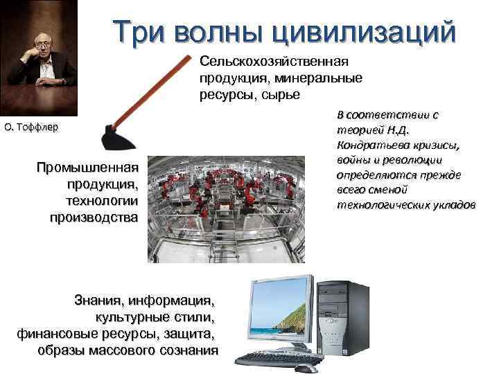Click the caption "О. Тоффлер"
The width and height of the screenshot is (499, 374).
(32, 127)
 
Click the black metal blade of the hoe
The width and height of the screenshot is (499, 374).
(117, 137)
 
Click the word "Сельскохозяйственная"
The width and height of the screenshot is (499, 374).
(274, 62)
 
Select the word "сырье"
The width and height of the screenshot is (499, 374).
(281, 95)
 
